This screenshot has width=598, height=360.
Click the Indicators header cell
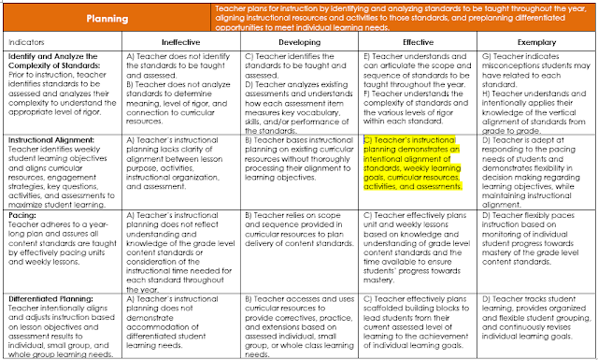pyautogui.click(x=33, y=43)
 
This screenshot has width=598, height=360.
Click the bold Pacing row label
pyautogui.click(x=21, y=214)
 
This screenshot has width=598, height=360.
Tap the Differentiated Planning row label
pyautogui.click(x=51, y=298)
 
